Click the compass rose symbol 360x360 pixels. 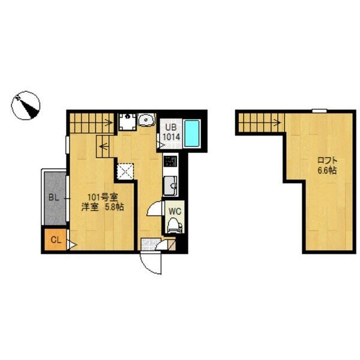click(26, 106)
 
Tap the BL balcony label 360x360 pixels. click(54, 197)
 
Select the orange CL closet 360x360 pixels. click(55, 239)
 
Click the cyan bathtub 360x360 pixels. click(192, 134)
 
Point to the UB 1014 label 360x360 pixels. click(171, 132)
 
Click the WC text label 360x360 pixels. click(175, 211)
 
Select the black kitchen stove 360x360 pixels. click(170, 161)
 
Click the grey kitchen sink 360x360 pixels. click(170, 186)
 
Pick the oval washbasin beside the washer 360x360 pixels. click(146, 119)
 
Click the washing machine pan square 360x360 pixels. click(127, 122)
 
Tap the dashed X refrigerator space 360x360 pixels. click(125, 171)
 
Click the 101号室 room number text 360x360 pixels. click(103, 197)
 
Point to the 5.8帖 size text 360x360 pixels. click(115, 207)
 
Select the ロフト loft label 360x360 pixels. click(328, 160)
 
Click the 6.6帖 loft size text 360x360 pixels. click(328, 170)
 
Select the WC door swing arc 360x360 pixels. click(154, 208)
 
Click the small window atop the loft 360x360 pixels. click(319, 111)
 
